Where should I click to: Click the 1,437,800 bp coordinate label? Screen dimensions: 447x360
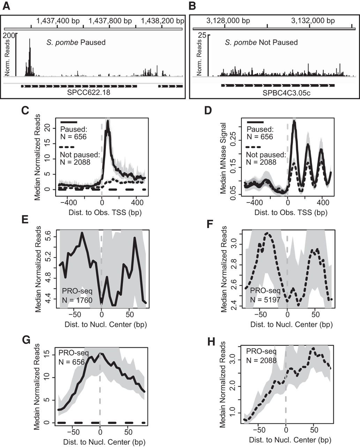110,21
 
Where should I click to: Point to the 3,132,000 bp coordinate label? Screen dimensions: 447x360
313,21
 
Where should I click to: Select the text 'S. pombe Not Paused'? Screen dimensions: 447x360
261,43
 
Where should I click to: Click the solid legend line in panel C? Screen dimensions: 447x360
69,122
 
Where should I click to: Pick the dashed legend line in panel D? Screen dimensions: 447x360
255,147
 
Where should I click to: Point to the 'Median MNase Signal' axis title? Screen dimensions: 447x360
224,159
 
